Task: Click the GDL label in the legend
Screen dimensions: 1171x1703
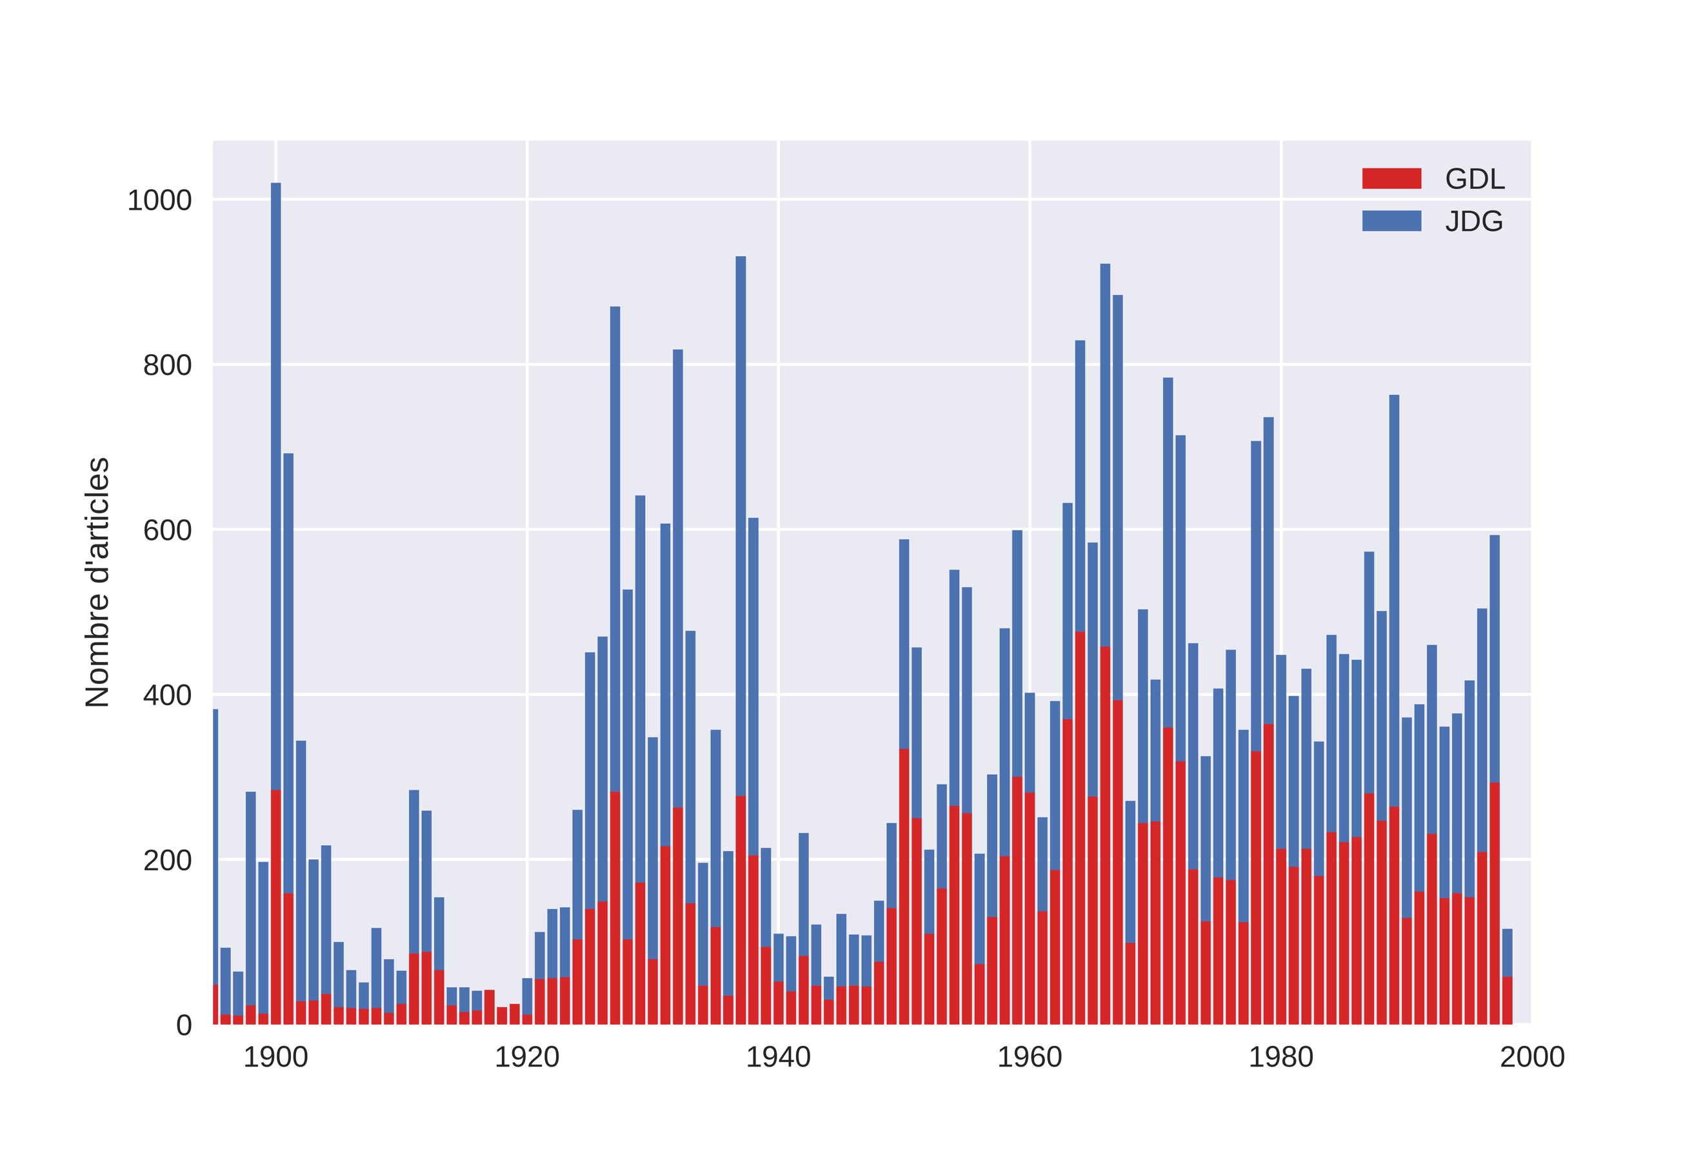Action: (x=1474, y=179)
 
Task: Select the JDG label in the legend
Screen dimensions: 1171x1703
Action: (x=1473, y=221)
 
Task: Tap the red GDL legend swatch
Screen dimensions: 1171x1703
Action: (x=1391, y=178)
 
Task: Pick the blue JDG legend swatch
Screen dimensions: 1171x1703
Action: (x=1391, y=221)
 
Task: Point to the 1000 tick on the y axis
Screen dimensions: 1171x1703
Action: (x=159, y=200)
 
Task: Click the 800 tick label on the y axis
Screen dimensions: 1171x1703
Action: (x=167, y=365)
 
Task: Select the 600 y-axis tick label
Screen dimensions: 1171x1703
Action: (x=167, y=530)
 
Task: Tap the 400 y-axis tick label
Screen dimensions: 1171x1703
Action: (x=167, y=696)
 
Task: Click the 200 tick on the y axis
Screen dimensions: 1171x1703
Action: (x=167, y=861)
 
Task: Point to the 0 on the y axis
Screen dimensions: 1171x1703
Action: (x=184, y=1026)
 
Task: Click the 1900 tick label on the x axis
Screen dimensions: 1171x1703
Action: (x=275, y=1057)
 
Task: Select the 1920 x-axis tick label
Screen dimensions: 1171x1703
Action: (x=526, y=1057)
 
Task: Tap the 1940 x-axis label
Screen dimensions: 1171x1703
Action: (x=778, y=1057)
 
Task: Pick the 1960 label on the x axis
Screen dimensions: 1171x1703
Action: (x=1030, y=1057)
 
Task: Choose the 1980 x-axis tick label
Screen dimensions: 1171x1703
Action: (x=1280, y=1057)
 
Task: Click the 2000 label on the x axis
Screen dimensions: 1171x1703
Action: (x=1532, y=1057)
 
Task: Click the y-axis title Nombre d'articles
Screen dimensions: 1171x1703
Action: (x=97, y=583)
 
